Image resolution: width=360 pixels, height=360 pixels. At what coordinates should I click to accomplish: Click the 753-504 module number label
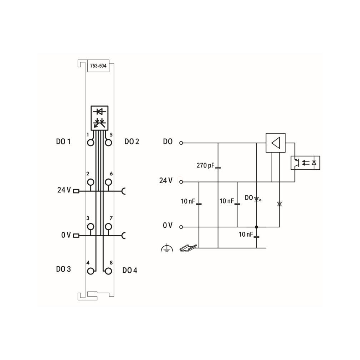[x=98, y=66]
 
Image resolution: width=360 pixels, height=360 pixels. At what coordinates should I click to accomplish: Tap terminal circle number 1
[x=91, y=143]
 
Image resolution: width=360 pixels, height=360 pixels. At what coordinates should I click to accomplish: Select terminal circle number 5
[x=108, y=143]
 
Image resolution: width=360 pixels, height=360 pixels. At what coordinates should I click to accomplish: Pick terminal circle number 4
[x=91, y=271]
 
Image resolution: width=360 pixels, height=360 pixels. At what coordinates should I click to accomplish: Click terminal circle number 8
[x=108, y=271]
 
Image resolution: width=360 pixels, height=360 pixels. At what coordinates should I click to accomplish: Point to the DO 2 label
[x=132, y=142]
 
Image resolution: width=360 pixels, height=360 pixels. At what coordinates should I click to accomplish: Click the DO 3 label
[x=63, y=269]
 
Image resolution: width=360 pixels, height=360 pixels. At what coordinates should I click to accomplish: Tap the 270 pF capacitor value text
[x=205, y=165]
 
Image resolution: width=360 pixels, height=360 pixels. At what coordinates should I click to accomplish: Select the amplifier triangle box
[x=276, y=143]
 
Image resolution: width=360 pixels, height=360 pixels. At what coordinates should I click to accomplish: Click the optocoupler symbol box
[x=305, y=163]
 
